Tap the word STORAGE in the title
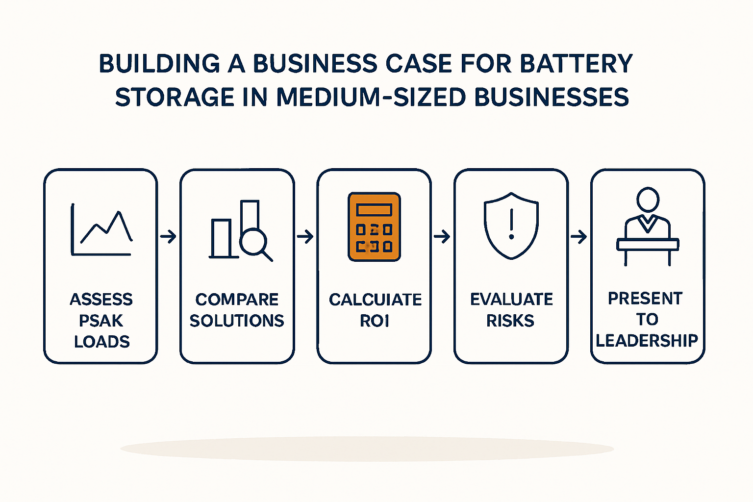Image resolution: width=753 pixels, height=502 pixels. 175,97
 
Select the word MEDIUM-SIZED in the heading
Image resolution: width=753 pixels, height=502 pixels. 371,97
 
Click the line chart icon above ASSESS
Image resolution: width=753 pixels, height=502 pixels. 101,229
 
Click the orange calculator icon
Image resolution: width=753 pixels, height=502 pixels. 374,226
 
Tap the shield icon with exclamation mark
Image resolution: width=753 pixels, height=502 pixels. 511,226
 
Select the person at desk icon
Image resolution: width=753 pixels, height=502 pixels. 648,226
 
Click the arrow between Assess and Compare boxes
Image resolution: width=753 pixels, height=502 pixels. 169,236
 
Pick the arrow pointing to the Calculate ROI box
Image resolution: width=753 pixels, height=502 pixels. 305,236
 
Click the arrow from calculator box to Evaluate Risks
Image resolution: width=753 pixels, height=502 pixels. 442,236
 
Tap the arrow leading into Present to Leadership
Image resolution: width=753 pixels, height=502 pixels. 579,236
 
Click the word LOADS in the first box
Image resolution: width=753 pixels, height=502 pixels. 102,342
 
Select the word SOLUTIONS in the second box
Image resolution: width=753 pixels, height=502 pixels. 237,321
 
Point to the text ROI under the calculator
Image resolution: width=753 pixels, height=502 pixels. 375,321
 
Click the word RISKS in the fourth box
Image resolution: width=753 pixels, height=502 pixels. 510,321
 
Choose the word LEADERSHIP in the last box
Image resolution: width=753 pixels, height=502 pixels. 647,341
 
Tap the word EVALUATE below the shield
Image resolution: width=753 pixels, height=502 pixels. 511,299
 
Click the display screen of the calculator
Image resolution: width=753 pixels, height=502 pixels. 374,210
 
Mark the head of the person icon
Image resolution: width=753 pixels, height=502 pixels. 648,199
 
